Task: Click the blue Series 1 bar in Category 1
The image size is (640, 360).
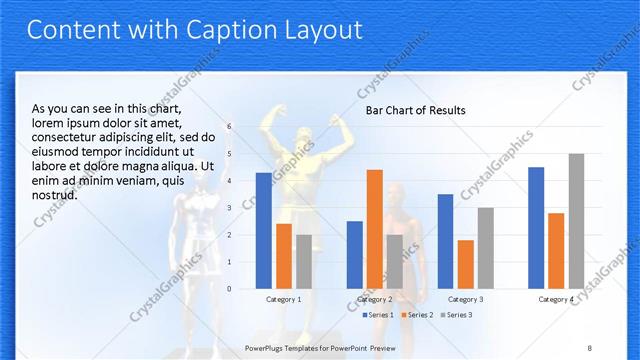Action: click(x=263, y=231)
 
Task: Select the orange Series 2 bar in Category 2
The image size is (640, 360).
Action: click(x=374, y=229)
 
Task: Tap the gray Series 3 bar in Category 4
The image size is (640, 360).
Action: click(x=576, y=221)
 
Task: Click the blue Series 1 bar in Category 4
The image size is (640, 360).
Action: click(x=536, y=228)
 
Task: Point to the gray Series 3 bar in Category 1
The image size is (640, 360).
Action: click(x=303, y=262)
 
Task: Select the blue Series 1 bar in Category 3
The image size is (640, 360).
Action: click(x=445, y=241)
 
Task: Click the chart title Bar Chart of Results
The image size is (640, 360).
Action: click(x=415, y=110)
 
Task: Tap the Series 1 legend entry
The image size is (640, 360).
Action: click(x=376, y=315)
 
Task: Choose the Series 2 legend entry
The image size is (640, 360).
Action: click(x=418, y=315)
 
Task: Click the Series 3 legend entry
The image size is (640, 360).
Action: click(x=457, y=315)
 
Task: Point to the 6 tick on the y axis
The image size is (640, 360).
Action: click(x=230, y=127)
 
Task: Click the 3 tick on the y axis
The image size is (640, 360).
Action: click(x=230, y=208)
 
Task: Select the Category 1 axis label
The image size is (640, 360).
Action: click(x=283, y=299)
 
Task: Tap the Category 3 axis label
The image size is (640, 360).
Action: click(x=465, y=299)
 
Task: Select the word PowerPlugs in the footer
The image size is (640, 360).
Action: click(x=267, y=347)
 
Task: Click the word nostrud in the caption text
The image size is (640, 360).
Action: click(x=56, y=194)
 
